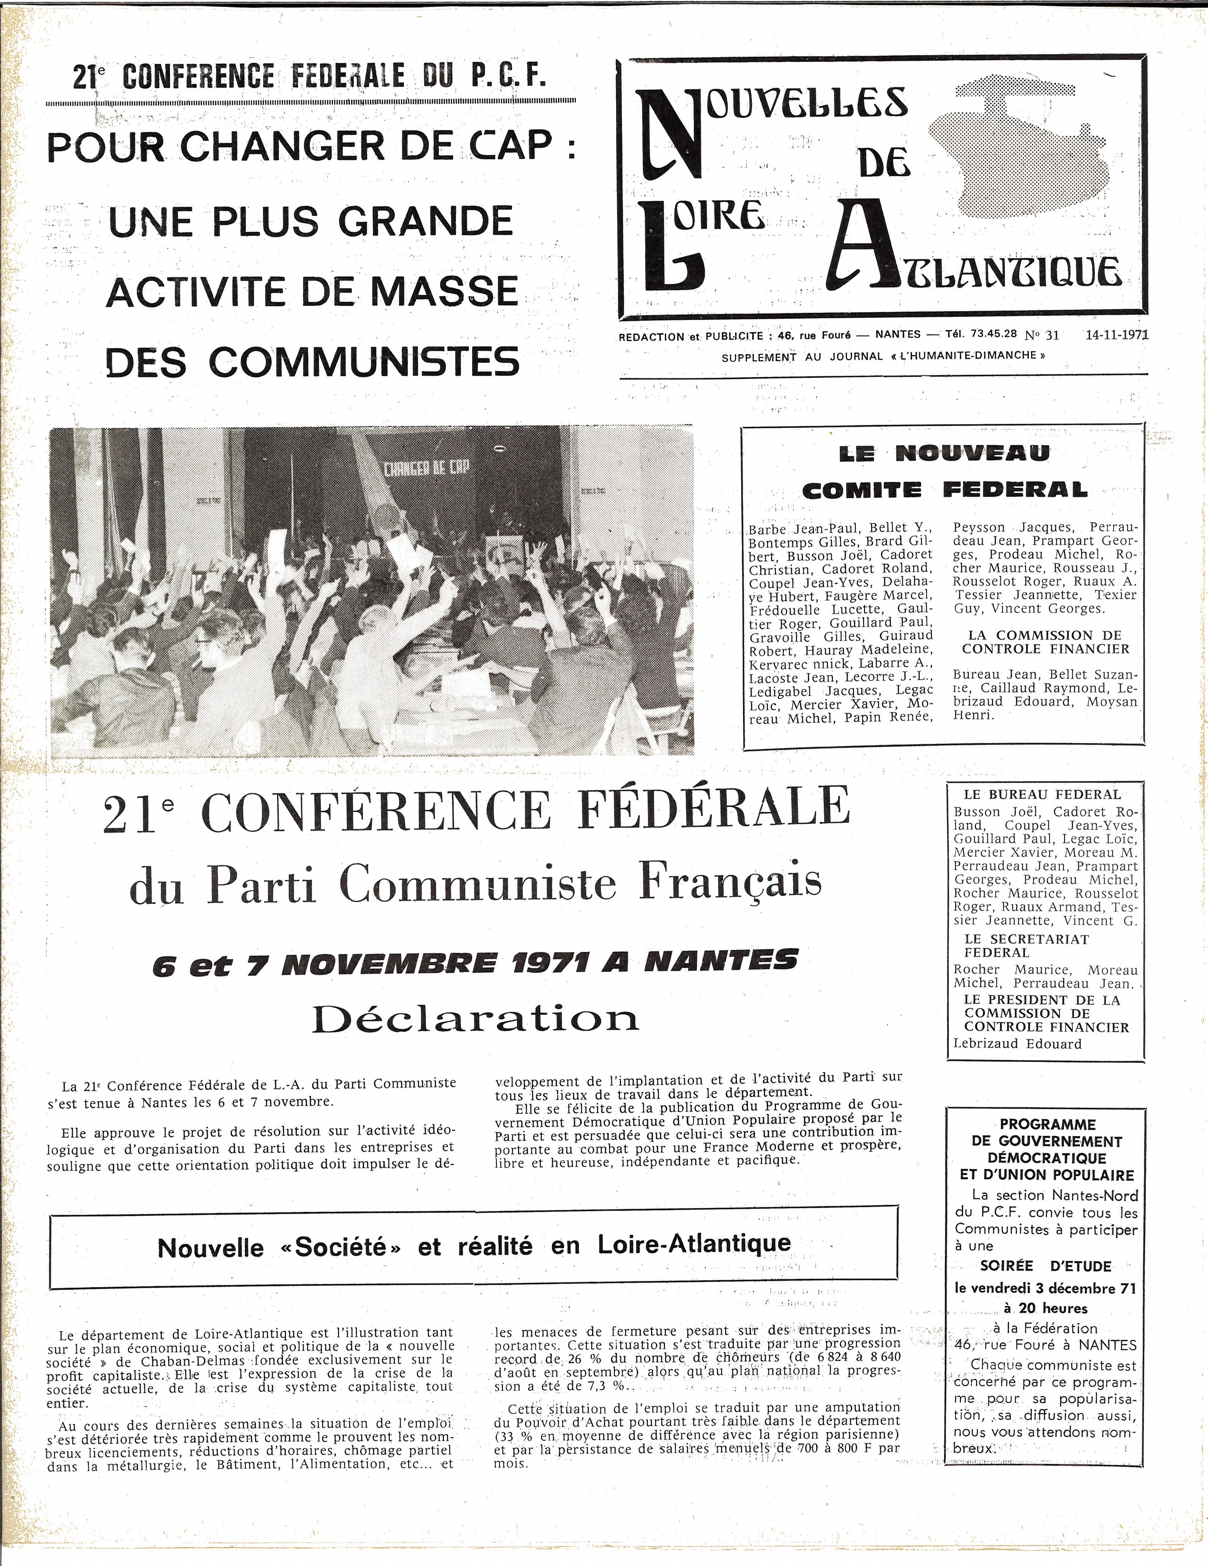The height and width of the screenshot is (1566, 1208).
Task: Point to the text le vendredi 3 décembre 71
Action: (1045, 1288)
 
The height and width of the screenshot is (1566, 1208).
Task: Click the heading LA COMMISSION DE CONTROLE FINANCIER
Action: (1045, 642)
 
